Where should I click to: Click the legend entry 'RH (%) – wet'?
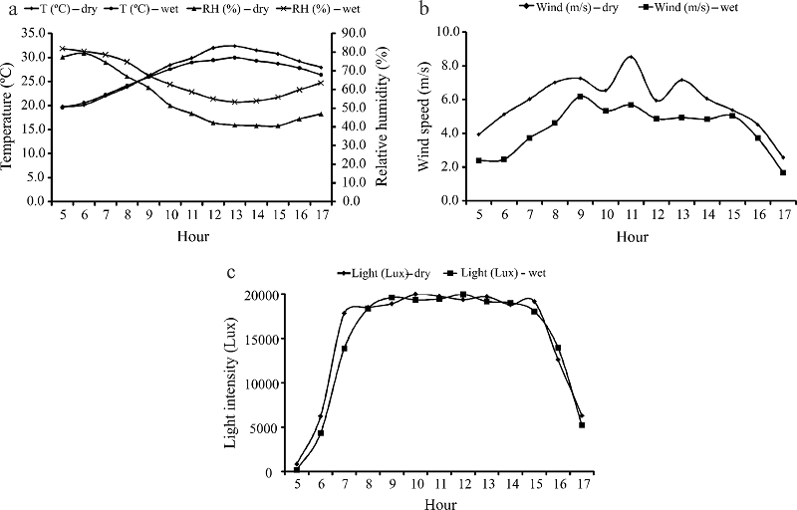pyautogui.click(x=323, y=10)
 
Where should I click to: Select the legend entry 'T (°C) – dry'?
pyautogui.click(x=59, y=10)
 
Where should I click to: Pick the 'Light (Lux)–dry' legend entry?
pyautogui.click(x=384, y=273)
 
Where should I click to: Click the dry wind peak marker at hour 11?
pyautogui.click(x=631, y=57)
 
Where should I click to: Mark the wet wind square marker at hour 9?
pyautogui.click(x=580, y=97)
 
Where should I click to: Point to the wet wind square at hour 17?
pyautogui.click(x=783, y=172)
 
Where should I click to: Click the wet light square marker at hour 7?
pyautogui.click(x=344, y=349)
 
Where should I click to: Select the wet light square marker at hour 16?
pyautogui.click(x=558, y=348)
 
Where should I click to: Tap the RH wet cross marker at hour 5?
pyautogui.click(x=63, y=49)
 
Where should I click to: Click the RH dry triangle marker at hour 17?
pyautogui.click(x=321, y=114)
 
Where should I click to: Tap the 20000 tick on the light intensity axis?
pyautogui.click(x=265, y=295)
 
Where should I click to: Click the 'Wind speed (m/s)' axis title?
pyautogui.click(x=424, y=116)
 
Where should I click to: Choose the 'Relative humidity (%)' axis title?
pyautogui.click(x=382, y=116)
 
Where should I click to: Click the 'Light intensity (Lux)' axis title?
pyautogui.click(x=231, y=383)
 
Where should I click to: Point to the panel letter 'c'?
pyautogui.click(x=231, y=273)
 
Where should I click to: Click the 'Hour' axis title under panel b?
pyautogui.click(x=633, y=237)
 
